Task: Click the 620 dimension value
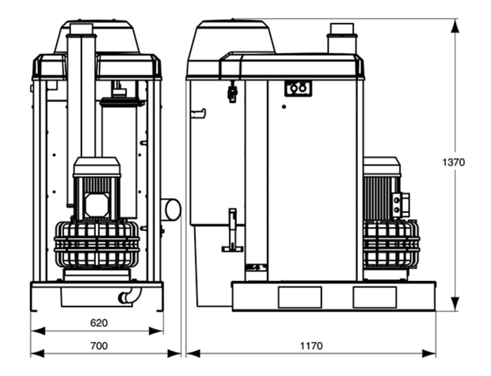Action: tap(99, 323)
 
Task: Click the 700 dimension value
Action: tap(99, 346)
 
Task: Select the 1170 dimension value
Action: tap(311, 346)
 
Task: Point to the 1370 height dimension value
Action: tap(454, 162)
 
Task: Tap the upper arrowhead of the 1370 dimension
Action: tap(455, 25)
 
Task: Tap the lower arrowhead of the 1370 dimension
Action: tap(455, 304)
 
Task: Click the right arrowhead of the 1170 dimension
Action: tap(428, 354)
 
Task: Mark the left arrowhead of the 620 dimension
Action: tap(38, 331)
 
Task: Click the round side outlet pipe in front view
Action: tap(171, 209)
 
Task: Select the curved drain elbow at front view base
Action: tap(129, 297)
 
